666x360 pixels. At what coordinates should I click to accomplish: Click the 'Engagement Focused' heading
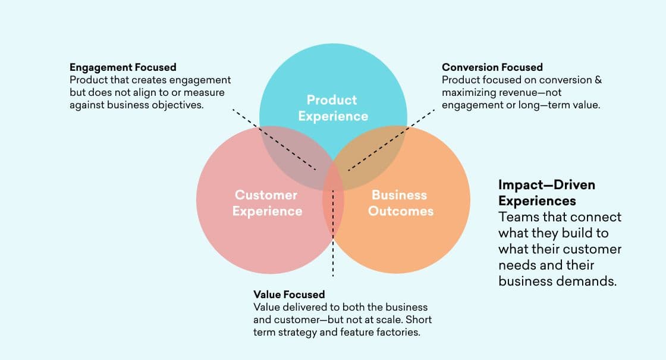pos(122,67)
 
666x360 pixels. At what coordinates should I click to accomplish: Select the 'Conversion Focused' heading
pos(492,67)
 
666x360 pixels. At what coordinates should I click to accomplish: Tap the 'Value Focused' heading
pos(289,295)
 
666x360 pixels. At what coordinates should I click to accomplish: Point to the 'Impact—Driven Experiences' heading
pos(546,192)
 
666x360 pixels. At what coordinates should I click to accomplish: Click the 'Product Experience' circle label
pos(333,108)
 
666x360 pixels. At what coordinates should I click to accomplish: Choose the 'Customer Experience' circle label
pos(266,203)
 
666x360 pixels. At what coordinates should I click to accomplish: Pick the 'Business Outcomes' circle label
pos(400,203)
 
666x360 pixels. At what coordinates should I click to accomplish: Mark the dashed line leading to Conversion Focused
pos(392,137)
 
